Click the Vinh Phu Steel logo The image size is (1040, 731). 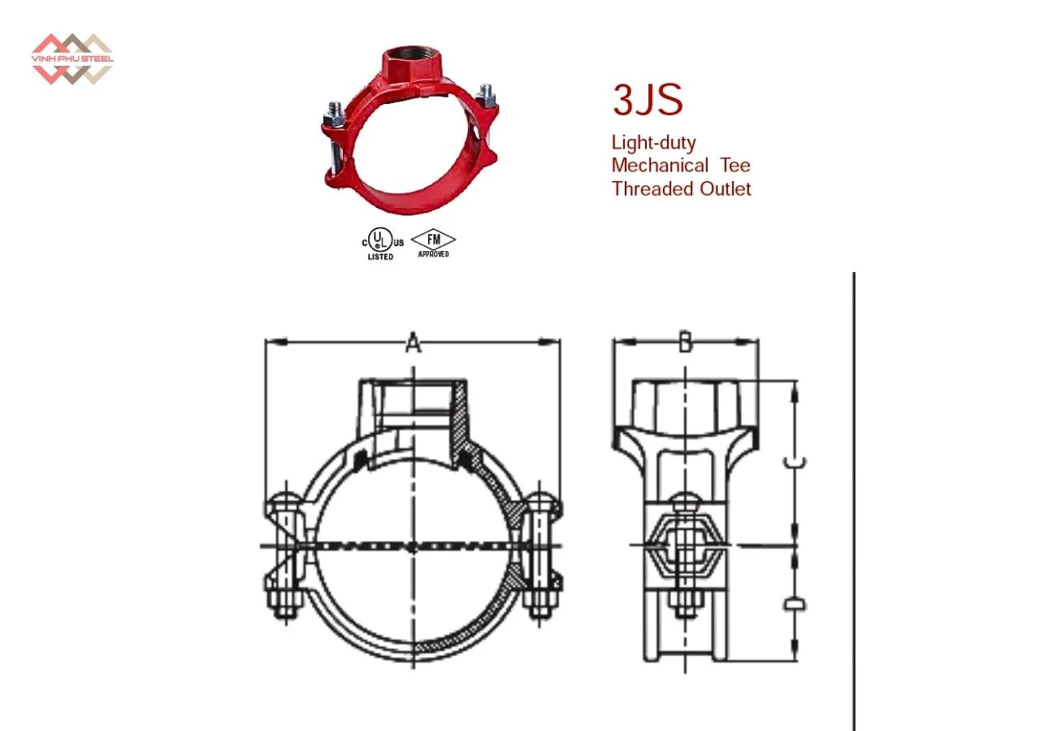pyautogui.click(x=71, y=58)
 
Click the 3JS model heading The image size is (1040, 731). pyautogui.click(x=648, y=100)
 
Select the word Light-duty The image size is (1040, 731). pyautogui.click(x=653, y=143)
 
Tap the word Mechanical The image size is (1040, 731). pyautogui.click(x=660, y=166)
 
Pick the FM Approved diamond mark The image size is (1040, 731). pyautogui.click(x=433, y=242)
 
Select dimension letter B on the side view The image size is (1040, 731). pyautogui.click(x=685, y=344)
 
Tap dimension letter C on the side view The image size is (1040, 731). pyautogui.click(x=795, y=462)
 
